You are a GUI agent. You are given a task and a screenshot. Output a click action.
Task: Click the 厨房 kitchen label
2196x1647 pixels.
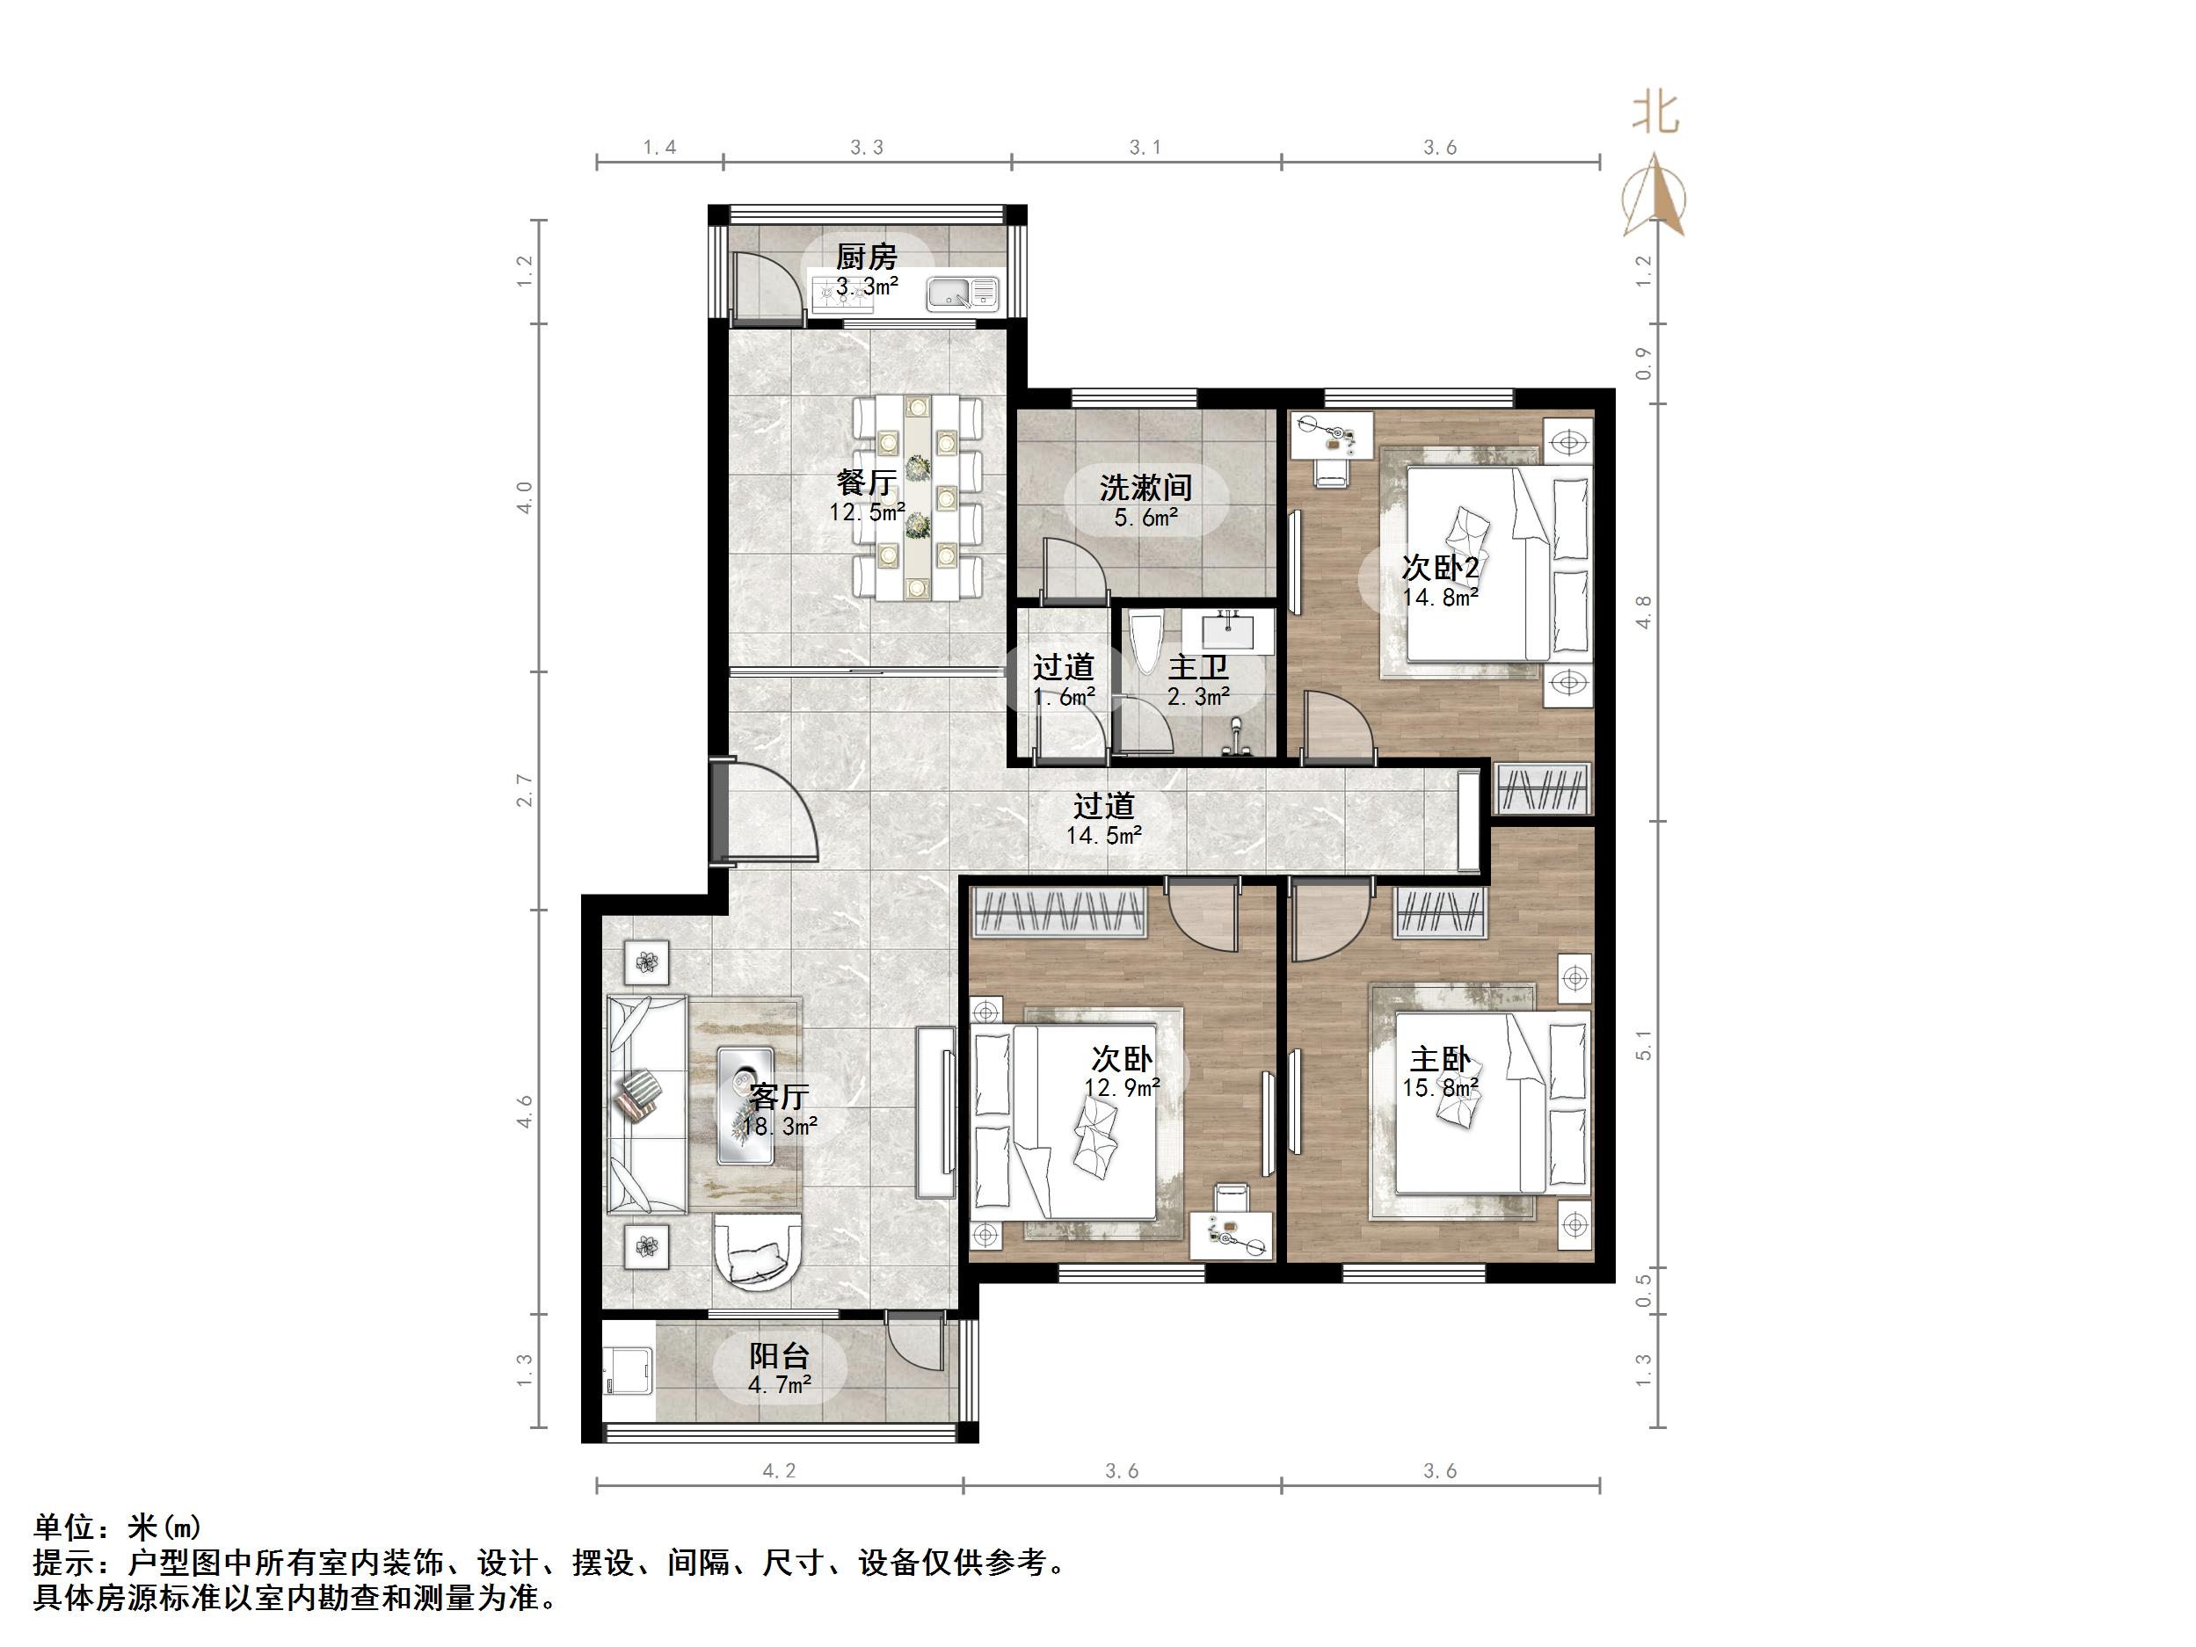pyautogui.click(x=866, y=258)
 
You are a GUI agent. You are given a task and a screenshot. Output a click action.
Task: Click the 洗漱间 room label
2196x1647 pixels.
pyautogui.click(x=1145, y=488)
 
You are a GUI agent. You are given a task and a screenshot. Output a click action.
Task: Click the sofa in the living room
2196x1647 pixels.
pyautogui.click(x=645, y=1104)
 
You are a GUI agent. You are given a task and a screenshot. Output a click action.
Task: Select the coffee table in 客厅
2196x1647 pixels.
pyautogui.click(x=745, y=1104)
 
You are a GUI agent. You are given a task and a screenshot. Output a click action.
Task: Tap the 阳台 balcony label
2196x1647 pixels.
pyautogui.click(x=778, y=1356)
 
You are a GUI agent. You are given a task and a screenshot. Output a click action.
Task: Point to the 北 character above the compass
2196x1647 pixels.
pyautogui.click(x=1655, y=113)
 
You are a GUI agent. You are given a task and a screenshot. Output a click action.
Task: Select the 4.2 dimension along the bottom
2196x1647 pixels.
pyautogui.click(x=778, y=1471)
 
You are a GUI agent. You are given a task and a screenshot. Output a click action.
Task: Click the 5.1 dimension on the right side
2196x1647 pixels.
pyautogui.click(x=1644, y=1045)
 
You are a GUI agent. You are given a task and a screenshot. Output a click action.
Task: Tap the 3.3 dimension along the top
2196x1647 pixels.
pyautogui.click(x=866, y=148)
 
